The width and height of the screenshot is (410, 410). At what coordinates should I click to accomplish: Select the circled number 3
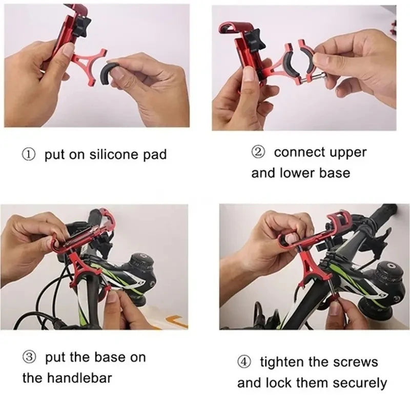coord(29,358)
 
